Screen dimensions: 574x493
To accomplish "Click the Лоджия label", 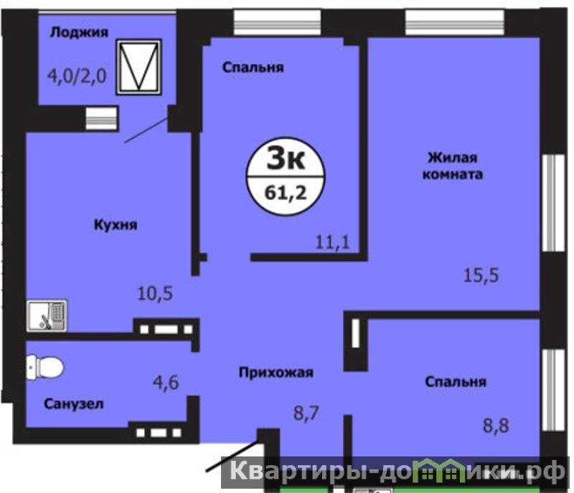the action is click(79, 32).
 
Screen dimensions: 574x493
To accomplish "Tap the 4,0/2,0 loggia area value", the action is click(77, 77).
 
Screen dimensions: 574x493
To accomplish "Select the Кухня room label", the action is click(116, 224).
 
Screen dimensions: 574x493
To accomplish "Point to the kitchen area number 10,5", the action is click(155, 293).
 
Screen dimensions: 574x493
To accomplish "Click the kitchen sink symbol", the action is click(47, 315).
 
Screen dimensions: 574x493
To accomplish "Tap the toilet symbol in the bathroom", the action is click(44, 367).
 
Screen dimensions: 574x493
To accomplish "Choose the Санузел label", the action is click(74, 404).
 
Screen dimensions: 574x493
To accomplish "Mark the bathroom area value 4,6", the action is click(166, 383).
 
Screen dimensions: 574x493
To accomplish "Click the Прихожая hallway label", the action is click(276, 373).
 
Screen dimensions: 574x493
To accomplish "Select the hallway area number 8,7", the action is click(306, 413).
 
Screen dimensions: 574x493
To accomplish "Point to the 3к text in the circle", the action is click(286, 158).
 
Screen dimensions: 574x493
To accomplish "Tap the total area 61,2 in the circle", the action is click(286, 193).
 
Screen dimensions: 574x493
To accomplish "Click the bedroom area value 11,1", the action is click(332, 242).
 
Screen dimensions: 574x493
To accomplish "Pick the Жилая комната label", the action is click(453, 166).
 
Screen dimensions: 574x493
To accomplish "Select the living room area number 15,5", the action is click(481, 275).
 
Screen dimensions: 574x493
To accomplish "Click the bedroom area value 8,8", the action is click(496, 426).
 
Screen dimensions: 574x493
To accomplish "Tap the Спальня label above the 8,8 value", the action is click(456, 382).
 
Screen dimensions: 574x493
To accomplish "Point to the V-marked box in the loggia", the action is click(138, 67).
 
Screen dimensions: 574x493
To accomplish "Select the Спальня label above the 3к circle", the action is click(253, 67).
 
